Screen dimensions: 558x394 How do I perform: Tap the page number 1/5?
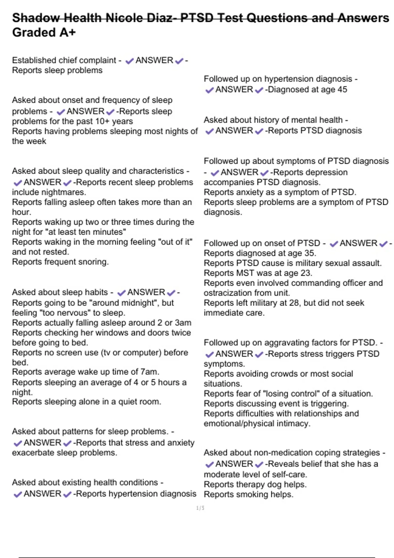pos(200,508)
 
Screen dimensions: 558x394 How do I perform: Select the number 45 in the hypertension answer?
pos(341,89)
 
